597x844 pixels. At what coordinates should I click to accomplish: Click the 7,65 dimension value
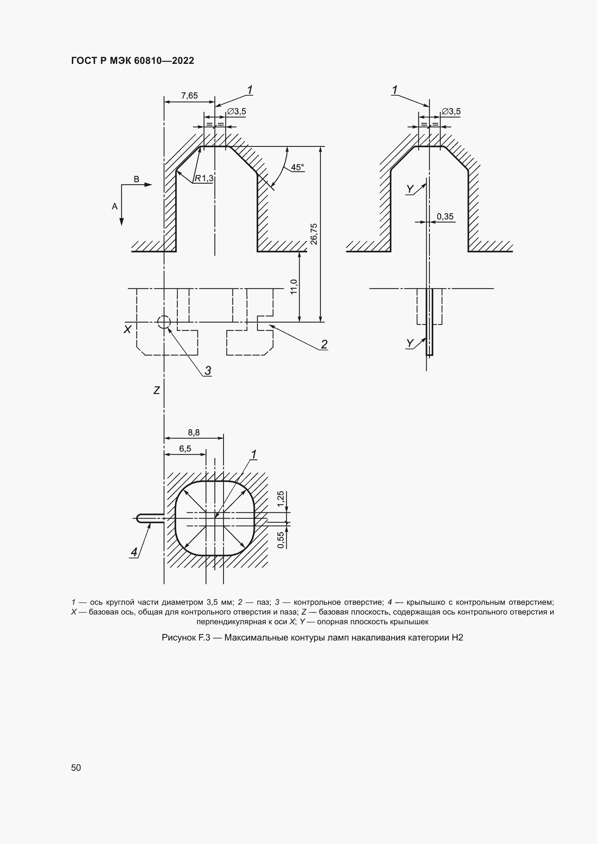coord(189,96)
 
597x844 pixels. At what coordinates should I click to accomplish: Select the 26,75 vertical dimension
coord(314,234)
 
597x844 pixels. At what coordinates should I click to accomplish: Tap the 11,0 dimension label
coord(294,287)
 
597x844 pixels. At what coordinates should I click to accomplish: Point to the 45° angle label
coord(297,168)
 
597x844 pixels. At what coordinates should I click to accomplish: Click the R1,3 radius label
coord(204,179)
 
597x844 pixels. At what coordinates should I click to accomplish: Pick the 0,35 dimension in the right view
coord(445,217)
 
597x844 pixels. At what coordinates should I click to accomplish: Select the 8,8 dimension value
coord(194,433)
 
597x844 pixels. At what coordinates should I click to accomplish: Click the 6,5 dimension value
coord(185,449)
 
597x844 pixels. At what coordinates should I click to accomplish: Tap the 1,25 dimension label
coord(281,499)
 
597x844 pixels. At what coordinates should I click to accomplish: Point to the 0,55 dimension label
coord(281,541)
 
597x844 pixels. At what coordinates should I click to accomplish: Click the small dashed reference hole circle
coord(164,322)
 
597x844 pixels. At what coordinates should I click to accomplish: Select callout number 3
coord(208,371)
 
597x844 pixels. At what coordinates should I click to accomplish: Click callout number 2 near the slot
coord(324,345)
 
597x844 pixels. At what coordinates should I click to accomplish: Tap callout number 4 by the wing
coord(134,552)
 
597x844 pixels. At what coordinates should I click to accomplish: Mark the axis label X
coord(127,329)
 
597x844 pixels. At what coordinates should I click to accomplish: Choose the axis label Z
coord(157,390)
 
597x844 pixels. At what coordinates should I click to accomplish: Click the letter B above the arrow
coord(136,179)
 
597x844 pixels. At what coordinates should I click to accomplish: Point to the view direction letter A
coord(115,207)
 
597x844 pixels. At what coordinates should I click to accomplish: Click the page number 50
coord(76,768)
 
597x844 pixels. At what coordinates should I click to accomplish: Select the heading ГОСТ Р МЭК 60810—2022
coord(132,61)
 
